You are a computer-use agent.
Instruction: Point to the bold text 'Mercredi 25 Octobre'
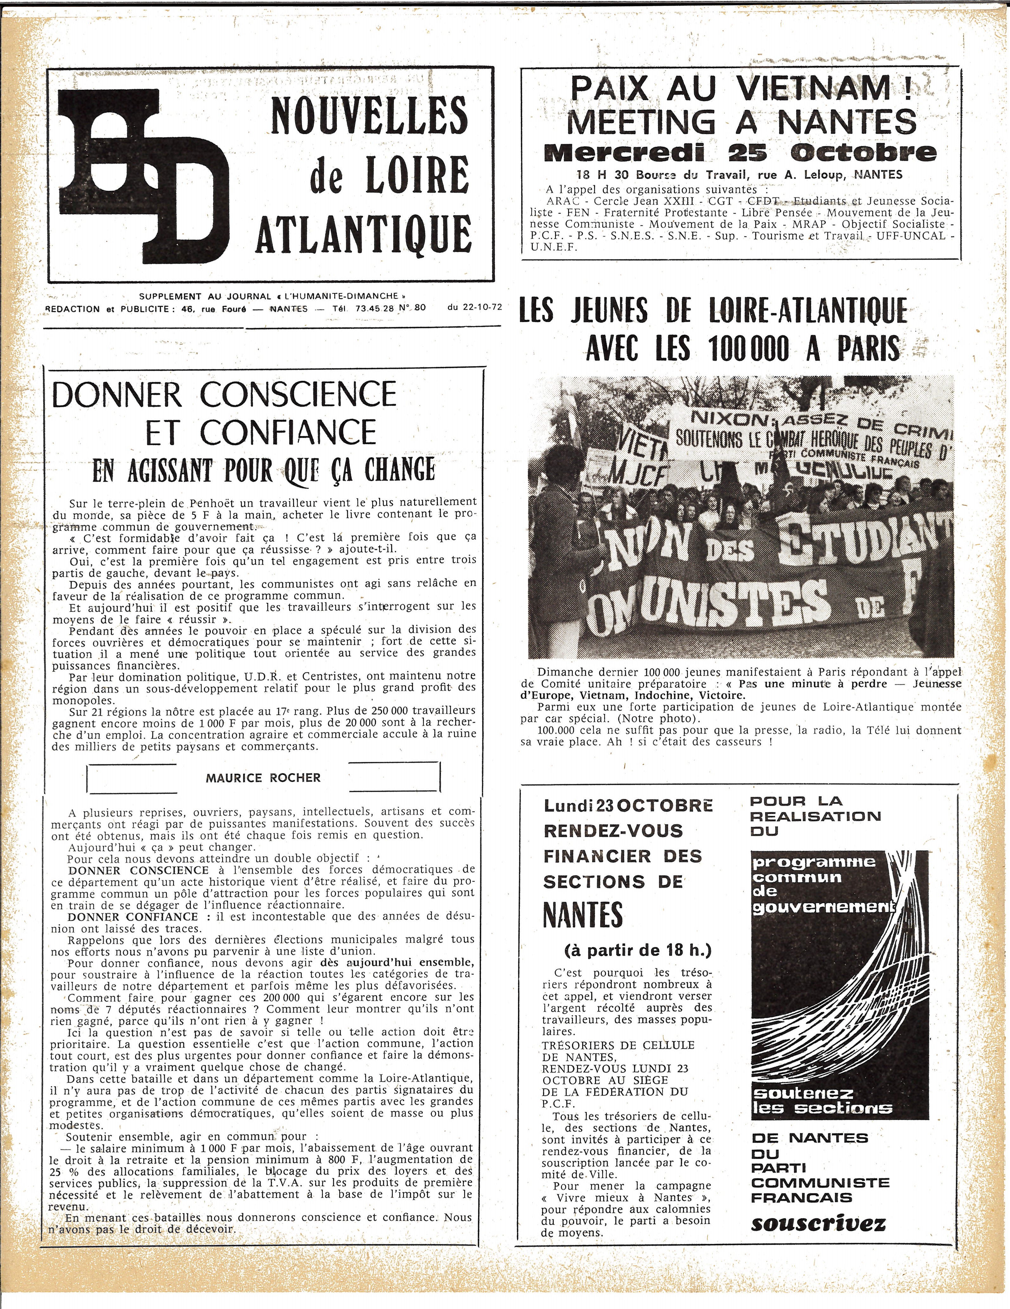point(740,153)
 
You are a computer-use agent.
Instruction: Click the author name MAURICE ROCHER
point(263,778)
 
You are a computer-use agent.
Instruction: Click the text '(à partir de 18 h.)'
point(638,950)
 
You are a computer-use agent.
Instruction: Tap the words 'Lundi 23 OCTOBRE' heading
point(628,805)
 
